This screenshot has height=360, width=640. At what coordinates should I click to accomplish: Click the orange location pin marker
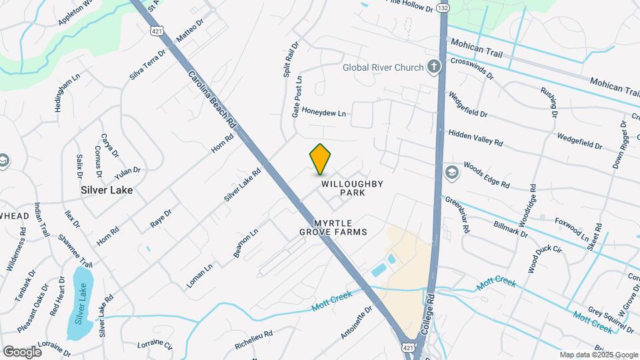tap(320, 159)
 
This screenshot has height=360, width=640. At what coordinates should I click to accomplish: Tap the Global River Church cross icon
tap(434, 67)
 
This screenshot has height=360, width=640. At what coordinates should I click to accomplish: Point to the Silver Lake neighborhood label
tap(107, 190)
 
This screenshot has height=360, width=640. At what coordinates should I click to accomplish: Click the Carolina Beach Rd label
tap(212, 100)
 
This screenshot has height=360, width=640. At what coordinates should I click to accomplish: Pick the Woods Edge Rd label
tap(486, 174)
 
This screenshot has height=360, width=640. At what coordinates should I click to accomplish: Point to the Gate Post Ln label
tap(297, 97)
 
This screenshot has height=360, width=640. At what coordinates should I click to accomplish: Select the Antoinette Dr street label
tap(356, 323)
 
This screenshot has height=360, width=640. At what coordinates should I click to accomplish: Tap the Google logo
tap(22, 351)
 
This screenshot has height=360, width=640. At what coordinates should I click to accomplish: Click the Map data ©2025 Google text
tap(598, 355)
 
